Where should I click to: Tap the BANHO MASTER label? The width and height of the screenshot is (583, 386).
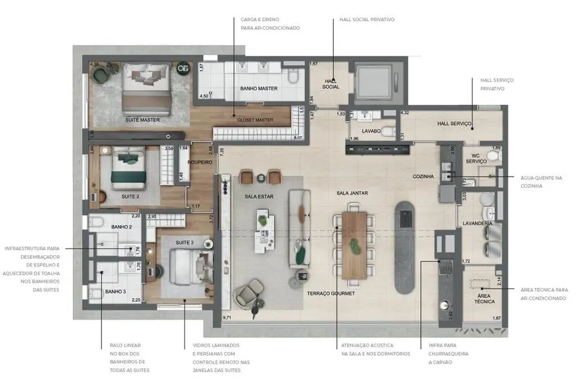click(x=259, y=88)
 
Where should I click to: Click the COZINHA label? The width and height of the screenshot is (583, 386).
click(x=423, y=176)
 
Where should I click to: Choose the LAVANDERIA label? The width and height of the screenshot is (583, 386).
click(x=477, y=223)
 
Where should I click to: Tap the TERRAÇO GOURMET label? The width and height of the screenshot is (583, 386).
click(x=331, y=293)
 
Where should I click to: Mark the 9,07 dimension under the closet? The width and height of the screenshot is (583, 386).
click(x=298, y=137)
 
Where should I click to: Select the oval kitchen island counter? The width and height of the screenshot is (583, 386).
click(x=406, y=246)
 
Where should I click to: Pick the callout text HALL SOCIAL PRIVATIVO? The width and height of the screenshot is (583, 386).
click(x=367, y=20)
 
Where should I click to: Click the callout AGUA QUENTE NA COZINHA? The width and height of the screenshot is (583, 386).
click(x=541, y=181)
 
